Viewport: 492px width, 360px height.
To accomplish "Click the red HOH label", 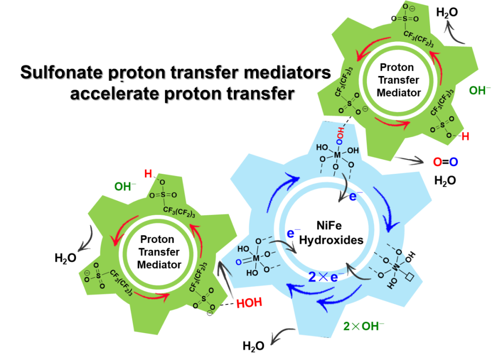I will pyautogui.click(x=249, y=303).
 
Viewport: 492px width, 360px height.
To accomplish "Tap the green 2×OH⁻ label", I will pyautogui.click(x=363, y=326).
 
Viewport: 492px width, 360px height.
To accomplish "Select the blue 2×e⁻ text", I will pyautogui.click(x=324, y=277).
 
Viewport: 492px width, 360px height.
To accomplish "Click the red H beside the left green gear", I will pyautogui.click(x=148, y=174).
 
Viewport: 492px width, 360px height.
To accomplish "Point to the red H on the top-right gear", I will pyautogui.click(x=465, y=137).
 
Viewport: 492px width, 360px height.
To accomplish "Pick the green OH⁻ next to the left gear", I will pyautogui.click(x=125, y=187).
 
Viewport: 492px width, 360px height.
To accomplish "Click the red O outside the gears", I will pyautogui.click(x=437, y=162).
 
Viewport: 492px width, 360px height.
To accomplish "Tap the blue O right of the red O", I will pyautogui.click(x=453, y=162).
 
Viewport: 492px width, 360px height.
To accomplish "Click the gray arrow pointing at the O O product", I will pyautogui.click(x=410, y=160).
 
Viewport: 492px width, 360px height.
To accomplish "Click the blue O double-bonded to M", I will pyautogui.click(x=238, y=262).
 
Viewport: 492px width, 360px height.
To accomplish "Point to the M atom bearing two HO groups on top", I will pyautogui.click(x=337, y=155).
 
